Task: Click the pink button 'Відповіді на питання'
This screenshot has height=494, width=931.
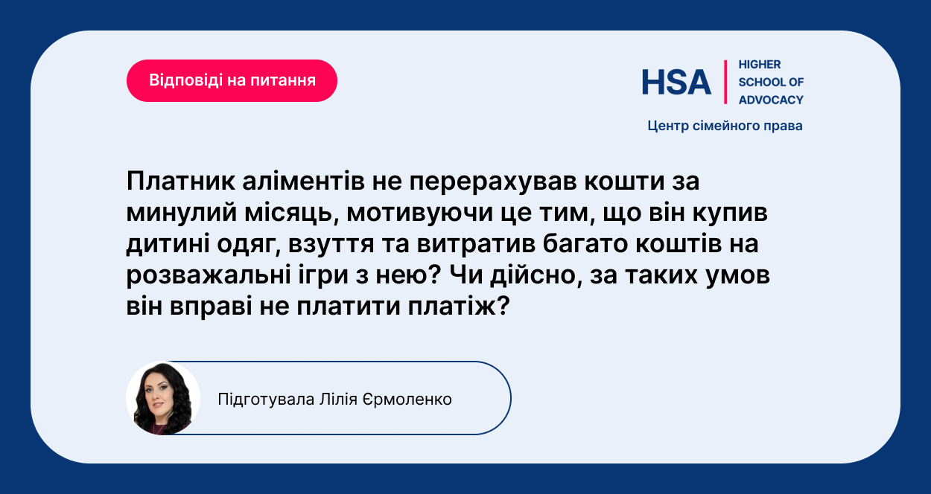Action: pos(232,80)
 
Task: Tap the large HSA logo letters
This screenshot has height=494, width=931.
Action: pos(676,82)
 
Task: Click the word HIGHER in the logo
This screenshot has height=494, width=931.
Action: pos(760,65)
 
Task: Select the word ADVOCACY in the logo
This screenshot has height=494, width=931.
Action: pos(771,100)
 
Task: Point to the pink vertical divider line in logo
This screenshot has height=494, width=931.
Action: pos(725,82)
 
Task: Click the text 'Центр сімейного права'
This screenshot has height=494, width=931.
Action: pos(725,126)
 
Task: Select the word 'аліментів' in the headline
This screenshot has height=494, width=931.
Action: pos(303,182)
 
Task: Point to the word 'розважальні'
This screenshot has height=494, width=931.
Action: pos(209,276)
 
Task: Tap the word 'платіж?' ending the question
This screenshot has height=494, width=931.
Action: pos(459,307)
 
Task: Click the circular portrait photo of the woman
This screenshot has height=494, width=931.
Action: pos(163,398)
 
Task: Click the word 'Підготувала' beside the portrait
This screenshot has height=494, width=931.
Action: pos(266,400)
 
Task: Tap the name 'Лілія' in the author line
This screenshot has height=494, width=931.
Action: pos(338,400)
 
